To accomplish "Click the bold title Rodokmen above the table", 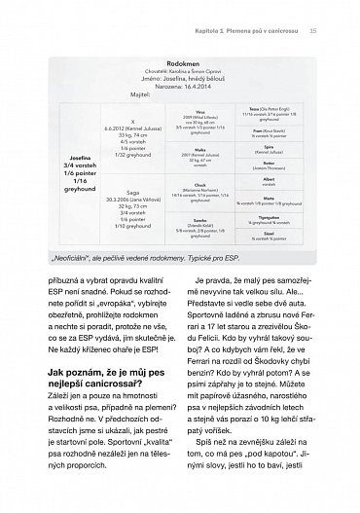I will click(x=180, y=57).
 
